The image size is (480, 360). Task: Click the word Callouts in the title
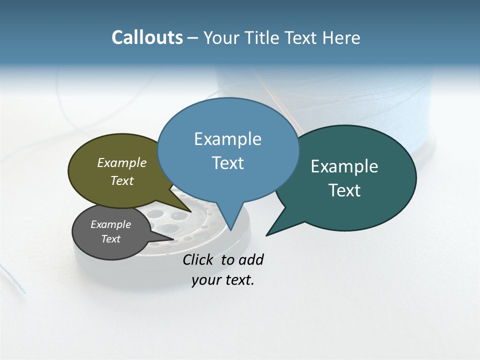coord(147,37)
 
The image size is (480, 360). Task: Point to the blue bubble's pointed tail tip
coord(230,229)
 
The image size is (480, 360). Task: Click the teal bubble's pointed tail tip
coord(267,234)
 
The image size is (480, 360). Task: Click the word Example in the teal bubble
coord(344,166)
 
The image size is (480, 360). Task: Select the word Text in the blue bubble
coord(228,163)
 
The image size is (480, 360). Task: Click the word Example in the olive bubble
coord(122,162)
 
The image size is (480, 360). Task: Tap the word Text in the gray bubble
coord(111,239)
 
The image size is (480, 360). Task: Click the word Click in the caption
coord(197,259)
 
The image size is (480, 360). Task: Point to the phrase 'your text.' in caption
coord(223,280)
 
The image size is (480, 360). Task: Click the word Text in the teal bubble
coord(344,190)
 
